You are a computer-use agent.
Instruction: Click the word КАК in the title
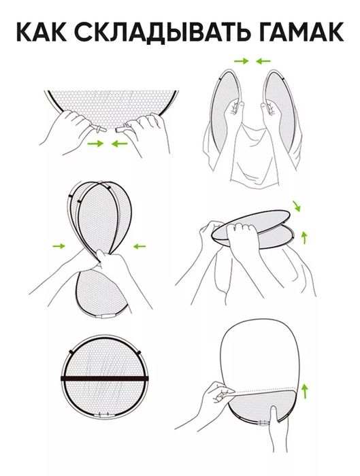41,32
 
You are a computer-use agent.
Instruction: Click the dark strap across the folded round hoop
105,379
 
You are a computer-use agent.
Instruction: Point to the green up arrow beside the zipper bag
305,391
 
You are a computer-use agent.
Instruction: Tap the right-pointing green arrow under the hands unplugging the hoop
95,143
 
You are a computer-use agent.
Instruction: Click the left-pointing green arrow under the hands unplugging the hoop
119,143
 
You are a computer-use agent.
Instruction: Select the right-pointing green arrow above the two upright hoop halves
242,61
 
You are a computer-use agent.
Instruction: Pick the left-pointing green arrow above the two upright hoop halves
263,61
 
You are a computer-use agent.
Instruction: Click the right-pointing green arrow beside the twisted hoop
59,246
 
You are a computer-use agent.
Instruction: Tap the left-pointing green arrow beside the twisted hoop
140,246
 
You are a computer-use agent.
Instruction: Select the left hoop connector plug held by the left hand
100,130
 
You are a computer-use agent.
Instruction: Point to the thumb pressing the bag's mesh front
273,418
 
